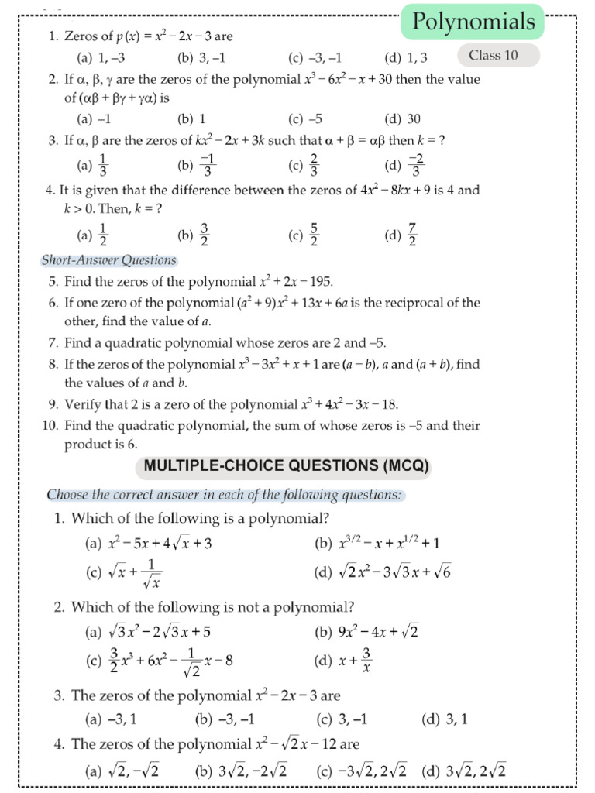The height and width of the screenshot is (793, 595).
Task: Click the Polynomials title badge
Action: (x=473, y=22)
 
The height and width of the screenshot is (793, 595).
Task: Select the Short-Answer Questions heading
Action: (x=108, y=260)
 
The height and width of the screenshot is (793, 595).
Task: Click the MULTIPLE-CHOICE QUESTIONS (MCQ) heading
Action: (x=283, y=466)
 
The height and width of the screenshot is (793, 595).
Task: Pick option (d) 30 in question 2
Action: (x=403, y=118)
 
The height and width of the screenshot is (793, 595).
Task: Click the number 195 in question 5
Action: (x=319, y=281)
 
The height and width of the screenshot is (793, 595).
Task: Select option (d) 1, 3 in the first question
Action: (x=406, y=57)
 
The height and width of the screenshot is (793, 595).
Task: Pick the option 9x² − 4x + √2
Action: (x=369, y=632)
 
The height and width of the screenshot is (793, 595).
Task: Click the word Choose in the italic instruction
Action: (x=66, y=495)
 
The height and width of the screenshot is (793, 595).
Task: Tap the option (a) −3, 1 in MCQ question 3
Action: (x=112, y=719)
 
